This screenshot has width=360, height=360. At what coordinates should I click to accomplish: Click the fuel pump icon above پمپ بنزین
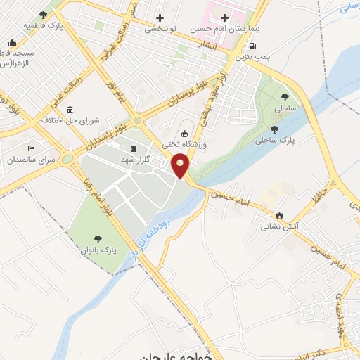tap(252, 48)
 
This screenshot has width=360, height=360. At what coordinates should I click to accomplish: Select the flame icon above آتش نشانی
tap(280, 216)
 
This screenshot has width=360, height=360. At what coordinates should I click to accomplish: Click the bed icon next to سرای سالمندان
tap(31, 149)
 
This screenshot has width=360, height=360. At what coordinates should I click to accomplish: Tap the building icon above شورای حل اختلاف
tap(70, 110)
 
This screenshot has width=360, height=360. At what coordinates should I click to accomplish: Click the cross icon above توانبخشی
tap(160, 17)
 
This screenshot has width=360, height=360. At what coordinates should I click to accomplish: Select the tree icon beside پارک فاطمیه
tap(44, 15)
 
